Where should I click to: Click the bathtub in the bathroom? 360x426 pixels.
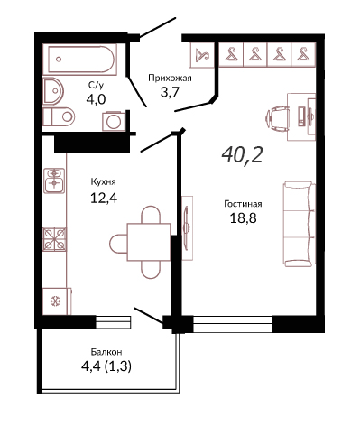tap(79, 59)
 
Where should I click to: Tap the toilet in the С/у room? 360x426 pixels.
tap(59, 117)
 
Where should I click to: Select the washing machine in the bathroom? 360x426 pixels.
tap(114, 121)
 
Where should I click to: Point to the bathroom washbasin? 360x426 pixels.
tap(53, 90)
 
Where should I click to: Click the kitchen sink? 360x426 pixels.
tap(54, 181)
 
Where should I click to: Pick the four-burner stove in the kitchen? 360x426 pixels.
tap(54, 239)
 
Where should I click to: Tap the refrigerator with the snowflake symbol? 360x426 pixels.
tap(57, 301)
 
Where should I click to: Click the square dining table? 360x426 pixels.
tap(149, 242)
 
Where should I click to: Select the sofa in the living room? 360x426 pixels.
tap(300, 224)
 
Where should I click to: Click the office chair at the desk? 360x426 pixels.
tap(277, 118)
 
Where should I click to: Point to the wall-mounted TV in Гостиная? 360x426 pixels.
tap(187, 227)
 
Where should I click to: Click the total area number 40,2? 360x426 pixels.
tap(242, 155)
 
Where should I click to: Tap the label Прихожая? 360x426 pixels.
tap(170, 79)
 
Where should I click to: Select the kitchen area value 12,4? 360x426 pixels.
tap(104, 198)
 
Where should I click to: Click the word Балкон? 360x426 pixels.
tap(106, 352)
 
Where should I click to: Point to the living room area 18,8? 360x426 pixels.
tap(243, 218)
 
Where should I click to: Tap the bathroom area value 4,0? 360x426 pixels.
tap(96, 99)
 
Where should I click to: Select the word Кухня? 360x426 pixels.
tap(103, 182)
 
